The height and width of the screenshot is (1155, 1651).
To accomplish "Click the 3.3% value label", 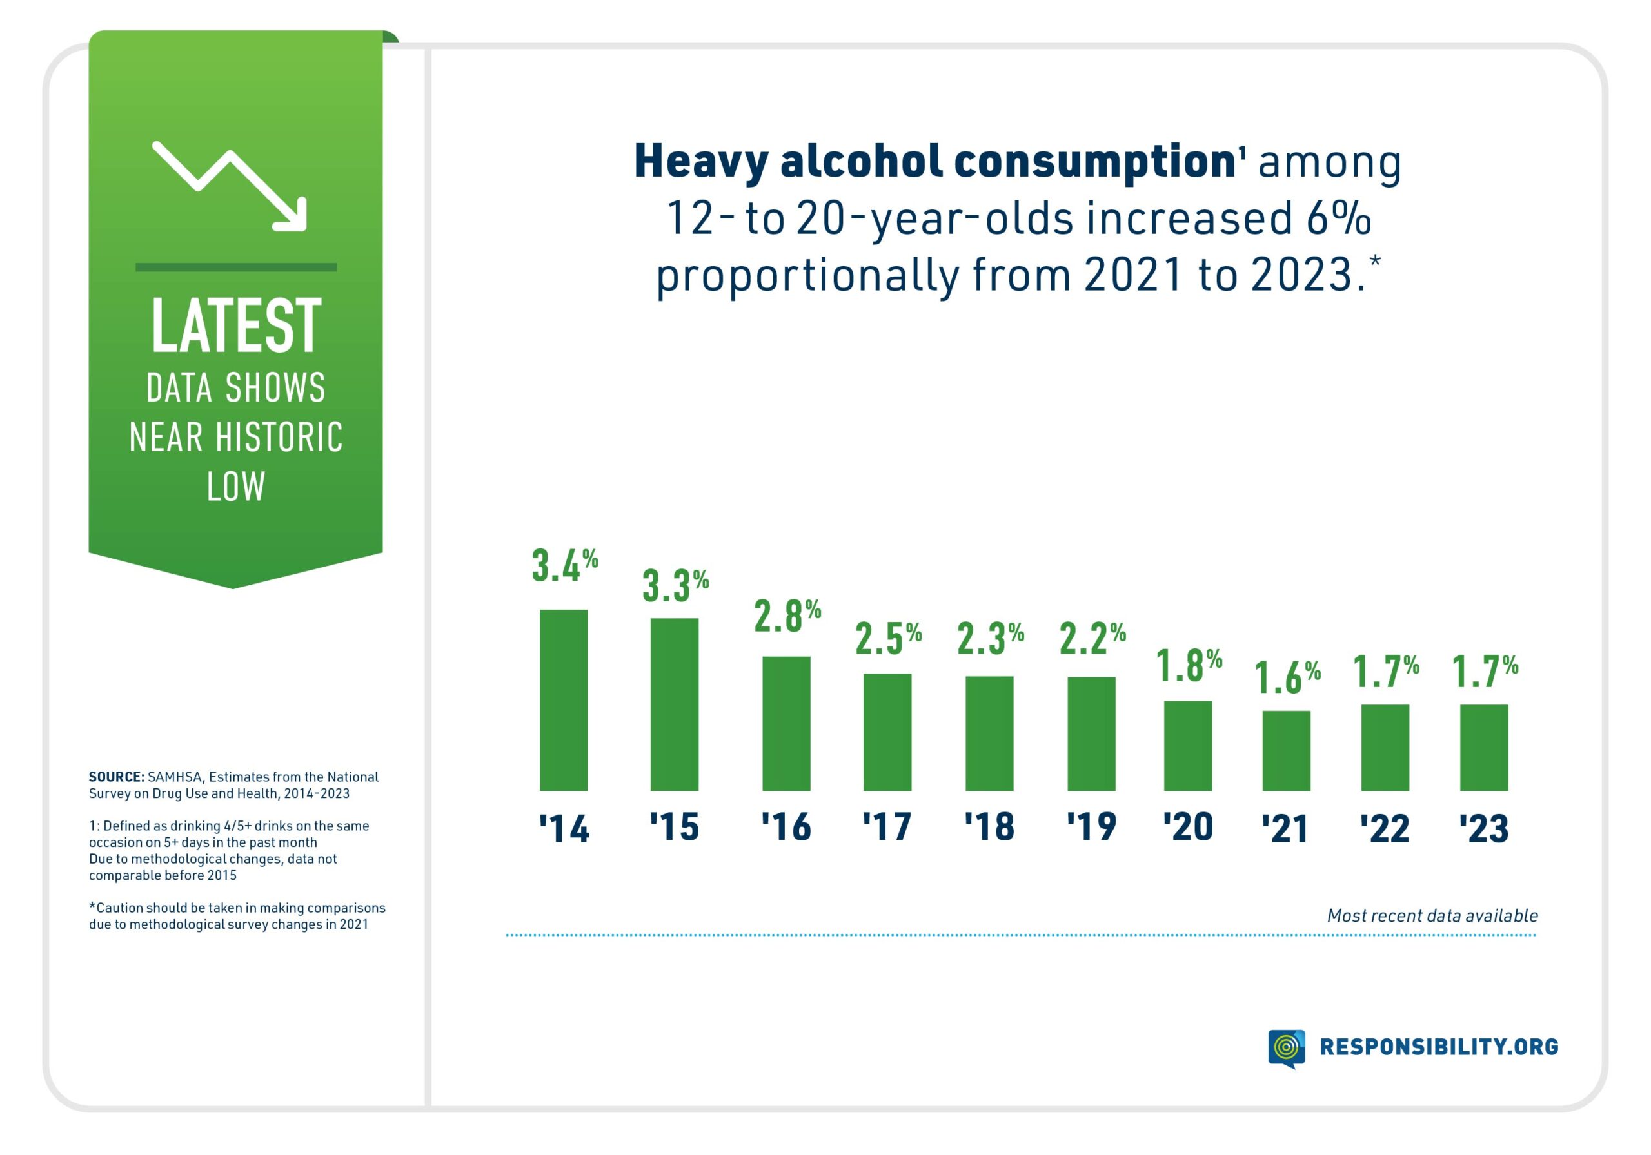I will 675,585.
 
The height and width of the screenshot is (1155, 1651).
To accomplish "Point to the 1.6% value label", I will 1287,677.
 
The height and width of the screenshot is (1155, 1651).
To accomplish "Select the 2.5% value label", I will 888,638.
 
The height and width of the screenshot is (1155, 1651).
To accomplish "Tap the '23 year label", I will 1483,829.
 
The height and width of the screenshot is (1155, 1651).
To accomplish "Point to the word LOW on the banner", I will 236,487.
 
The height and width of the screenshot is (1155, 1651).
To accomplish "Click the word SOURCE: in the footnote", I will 117,777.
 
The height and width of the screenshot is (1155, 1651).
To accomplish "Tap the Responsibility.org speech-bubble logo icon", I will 1286,1048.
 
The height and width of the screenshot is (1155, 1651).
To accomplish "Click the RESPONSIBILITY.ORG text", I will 1439,1047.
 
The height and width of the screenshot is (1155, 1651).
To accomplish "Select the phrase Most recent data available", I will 1432,916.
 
